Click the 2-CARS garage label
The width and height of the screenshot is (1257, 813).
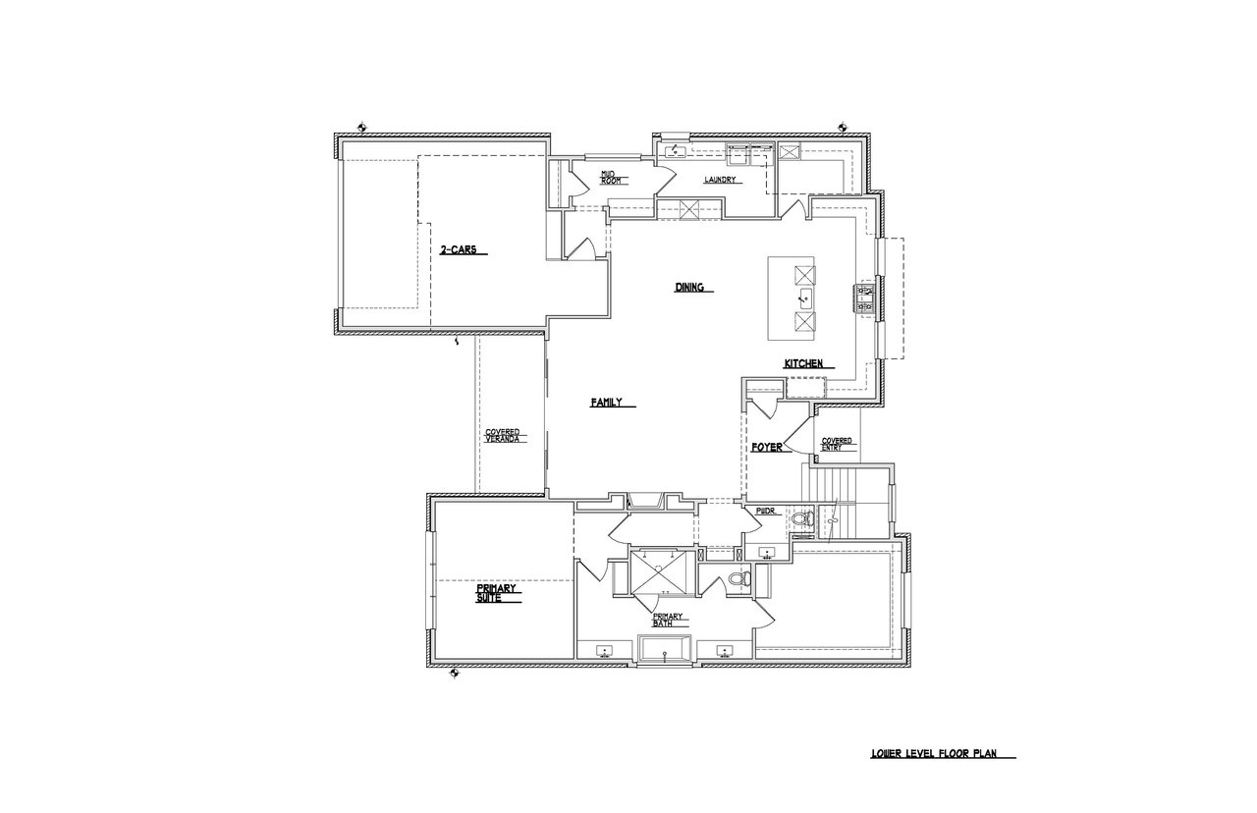[x=458, y=249]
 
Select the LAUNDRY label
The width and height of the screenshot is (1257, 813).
[x=720, y=180]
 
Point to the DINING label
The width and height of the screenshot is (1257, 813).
[x=689, y=288]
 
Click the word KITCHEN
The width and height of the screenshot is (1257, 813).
[x=803, y=363]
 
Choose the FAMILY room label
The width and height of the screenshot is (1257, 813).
[x=606, y=403]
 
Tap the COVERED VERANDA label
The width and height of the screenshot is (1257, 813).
[x=502, y=435]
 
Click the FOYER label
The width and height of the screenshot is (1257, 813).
[x=767, y=448]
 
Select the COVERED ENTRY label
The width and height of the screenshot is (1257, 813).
[x=836, y=445]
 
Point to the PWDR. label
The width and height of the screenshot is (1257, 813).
[x=765, y=512]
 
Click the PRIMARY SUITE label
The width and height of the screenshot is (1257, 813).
[x=496, y=593]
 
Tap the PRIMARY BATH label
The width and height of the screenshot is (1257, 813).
[x=667, y=620]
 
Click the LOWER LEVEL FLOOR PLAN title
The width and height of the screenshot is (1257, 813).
[x=934, y=753]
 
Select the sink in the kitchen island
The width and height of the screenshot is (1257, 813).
[x=805, y=299]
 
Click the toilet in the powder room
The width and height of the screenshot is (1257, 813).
[x=803, y=517]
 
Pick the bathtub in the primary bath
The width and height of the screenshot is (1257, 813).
[x=665, y=651]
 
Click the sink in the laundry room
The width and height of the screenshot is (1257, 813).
[x=675, y=151]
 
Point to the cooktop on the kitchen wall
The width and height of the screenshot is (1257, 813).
[x=865, y=298]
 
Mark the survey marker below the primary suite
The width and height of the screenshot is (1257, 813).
[x=455, y=674]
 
